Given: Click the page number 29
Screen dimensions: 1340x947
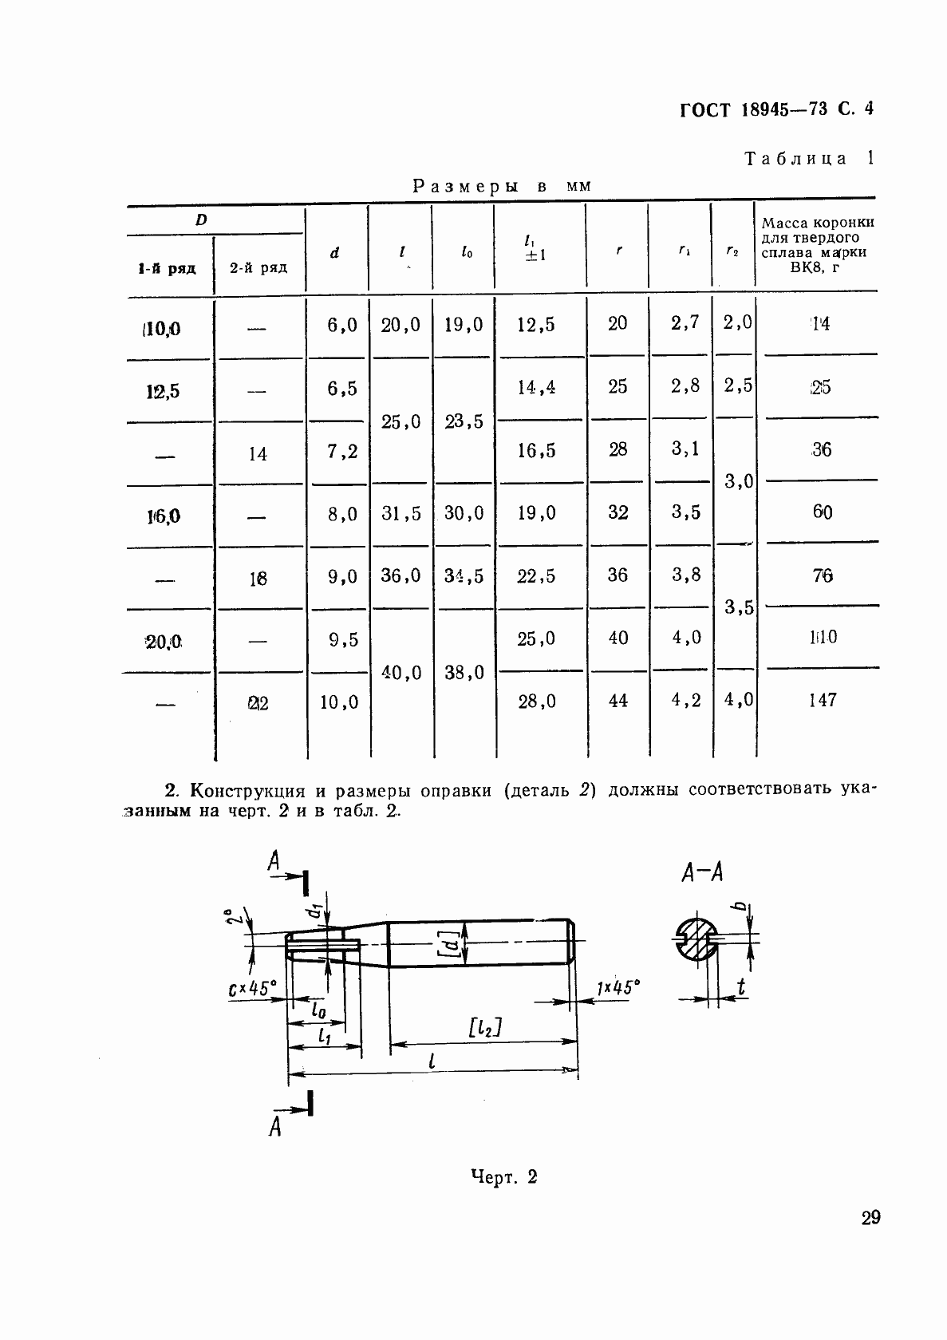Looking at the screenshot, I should pos(870,1218).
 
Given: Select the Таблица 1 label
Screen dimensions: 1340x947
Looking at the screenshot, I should pos(809,158).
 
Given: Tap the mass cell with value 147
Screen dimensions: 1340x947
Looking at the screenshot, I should pos(822,700).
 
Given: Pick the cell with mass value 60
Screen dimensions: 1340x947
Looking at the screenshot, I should pos(822,512).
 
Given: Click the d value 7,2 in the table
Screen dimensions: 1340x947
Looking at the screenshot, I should pos(342,452).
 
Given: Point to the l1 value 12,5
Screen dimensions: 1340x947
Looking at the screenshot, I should pos(536,325).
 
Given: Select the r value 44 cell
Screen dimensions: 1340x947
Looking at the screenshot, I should pos(618,700).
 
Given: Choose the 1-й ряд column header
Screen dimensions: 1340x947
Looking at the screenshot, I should pos(166,268).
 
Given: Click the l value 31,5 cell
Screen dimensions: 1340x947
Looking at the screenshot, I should pos(401,513).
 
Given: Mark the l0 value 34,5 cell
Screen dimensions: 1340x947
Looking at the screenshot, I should pos(464,575).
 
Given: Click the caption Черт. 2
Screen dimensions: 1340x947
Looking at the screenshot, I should pos(503,1176).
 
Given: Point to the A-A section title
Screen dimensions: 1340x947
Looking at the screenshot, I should pos(702,873).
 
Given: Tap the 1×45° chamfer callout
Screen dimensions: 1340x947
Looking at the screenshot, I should pos(618,988).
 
